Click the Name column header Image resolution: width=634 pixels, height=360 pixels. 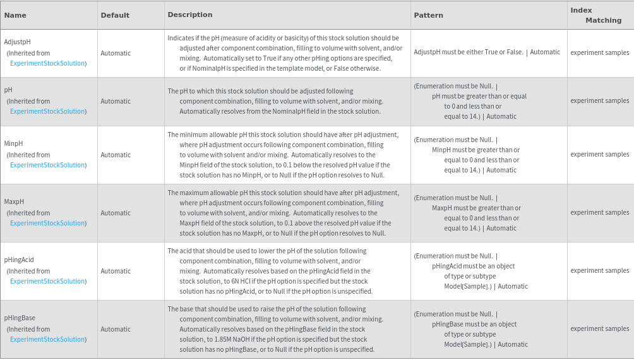(15, 15)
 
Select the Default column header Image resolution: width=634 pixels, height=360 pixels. (115, 15)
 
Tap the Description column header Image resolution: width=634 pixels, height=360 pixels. (190, 15)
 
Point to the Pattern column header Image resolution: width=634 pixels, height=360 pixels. (428, 15)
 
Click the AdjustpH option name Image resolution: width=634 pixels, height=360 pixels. (18, 42)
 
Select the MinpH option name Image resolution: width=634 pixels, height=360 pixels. (13, 143)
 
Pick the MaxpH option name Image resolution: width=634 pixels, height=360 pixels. (14, 201)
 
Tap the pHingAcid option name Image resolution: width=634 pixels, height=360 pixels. (19, 260)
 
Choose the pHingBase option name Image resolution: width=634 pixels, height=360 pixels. (20, 318)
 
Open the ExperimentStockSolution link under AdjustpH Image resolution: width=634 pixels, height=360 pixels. (47, 63)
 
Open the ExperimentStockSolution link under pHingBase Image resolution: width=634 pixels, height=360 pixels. (47, 339)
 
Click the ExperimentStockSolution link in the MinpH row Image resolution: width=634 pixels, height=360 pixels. (47, 165)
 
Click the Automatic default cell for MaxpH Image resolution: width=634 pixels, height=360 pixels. (116, 213)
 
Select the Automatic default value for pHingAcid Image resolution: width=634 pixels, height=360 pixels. (116, 271)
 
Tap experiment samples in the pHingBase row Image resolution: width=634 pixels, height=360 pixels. (599, 328)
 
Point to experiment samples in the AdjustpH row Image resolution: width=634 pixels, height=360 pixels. (599, 52)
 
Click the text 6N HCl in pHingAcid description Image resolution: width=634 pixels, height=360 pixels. (222, 281)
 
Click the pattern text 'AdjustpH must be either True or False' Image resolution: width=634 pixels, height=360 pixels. (468, 52)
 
